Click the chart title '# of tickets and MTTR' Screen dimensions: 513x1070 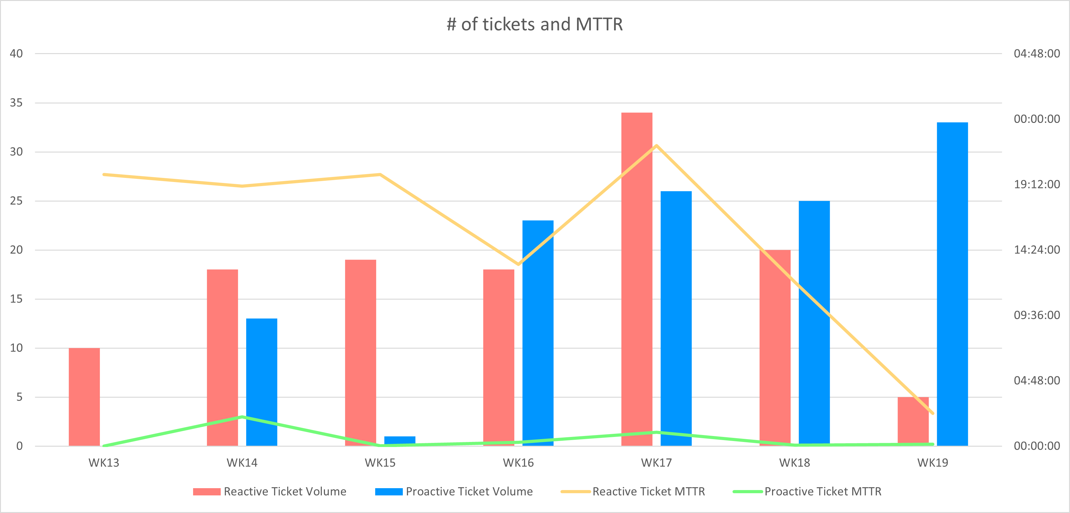535,24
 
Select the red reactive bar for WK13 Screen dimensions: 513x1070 84,397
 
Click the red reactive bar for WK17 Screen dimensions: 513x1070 637,279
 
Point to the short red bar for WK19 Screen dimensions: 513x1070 913,420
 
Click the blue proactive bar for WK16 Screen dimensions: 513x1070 538,333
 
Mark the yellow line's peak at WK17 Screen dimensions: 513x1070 656,146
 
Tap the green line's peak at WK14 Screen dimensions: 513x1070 242,416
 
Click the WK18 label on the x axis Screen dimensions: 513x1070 794,463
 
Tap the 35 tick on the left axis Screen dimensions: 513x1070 16,103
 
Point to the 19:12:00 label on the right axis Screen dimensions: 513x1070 1037,184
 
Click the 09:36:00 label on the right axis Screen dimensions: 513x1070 1037,315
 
